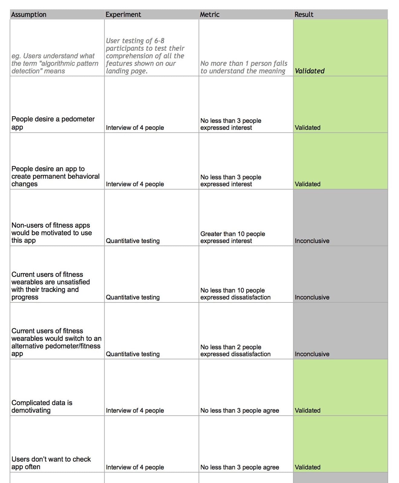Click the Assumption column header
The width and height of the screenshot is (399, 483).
click(x=29, y=14)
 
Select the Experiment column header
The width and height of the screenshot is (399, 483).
click(x=123, y=14)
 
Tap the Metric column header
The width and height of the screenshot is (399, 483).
click(x=209, y=14)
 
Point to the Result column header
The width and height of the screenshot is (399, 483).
click(x=304, y=14)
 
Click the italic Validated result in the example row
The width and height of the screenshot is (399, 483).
click(x=310, y=71)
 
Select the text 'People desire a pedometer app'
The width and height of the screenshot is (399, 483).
click(x=53, y=123)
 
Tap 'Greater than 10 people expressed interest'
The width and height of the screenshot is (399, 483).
click(x=232, y=237)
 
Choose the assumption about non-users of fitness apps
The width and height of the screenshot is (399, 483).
click(x=51, y=233)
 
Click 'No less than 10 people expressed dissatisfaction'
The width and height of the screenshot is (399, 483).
click(x=235, y=294)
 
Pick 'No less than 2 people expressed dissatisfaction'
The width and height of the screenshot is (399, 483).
click(x=235, y=350)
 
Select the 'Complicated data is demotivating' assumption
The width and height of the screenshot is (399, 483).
click(x=42, y=406)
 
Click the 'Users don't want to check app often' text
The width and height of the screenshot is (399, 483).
click(x=51, y=463)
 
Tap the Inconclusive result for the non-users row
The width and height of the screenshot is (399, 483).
click(x=312, y=241)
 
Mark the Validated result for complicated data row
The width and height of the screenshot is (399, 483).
click(x=307, y=411)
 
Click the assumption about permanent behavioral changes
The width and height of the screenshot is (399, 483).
click(x=55, y=176)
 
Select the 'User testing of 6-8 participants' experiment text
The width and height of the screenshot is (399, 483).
click(x=144, y=44)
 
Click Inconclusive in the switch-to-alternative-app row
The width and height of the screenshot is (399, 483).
click(x=312, y=354)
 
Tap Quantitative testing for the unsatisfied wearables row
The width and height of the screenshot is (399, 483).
click(x=132, y=297)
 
